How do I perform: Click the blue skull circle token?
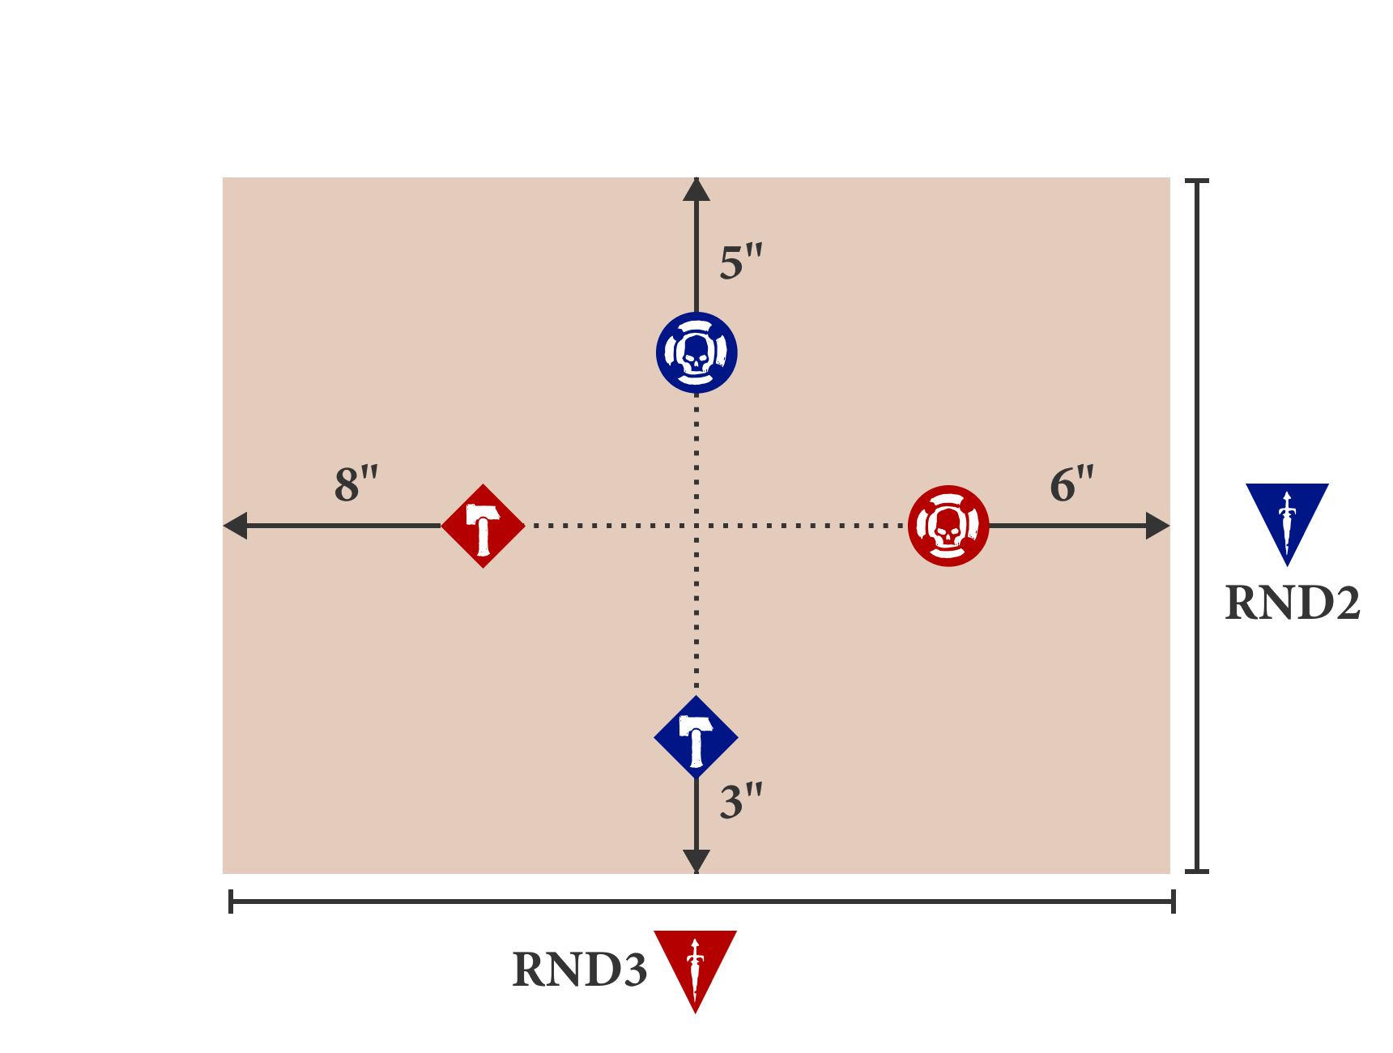696,352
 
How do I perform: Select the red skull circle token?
948,526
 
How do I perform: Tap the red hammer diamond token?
484,526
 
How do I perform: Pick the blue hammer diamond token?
696,737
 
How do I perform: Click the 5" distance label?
741,262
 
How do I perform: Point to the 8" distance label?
356,484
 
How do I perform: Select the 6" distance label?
1071,484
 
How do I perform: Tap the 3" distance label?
741,801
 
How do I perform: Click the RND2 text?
1293,603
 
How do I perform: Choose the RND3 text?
580,969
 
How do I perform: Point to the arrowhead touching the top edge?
696,190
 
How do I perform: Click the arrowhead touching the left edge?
235,526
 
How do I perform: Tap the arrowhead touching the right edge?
1158,526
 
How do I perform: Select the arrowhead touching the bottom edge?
696,861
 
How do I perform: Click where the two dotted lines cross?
696,526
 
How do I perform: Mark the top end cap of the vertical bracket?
1197,181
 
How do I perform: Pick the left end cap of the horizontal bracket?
231,901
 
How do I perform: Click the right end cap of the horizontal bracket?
1174,901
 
